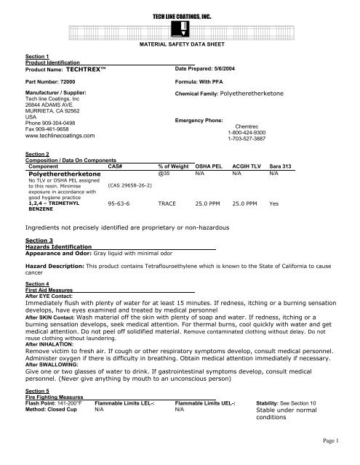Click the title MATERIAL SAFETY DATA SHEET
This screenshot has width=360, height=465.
tap(179, 45)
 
